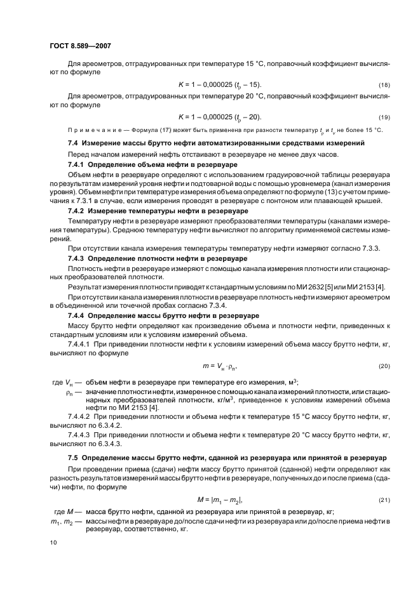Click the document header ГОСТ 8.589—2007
tap(76, 46)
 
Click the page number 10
tap(53, 543)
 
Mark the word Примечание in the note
tap(90, 130)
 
